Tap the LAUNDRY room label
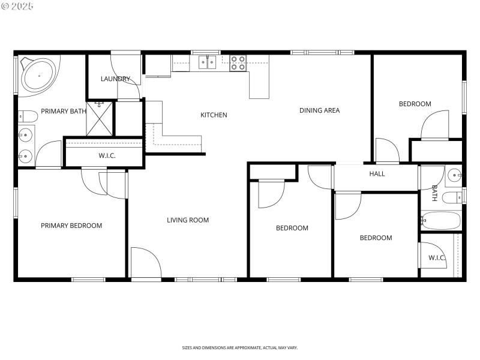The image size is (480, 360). click(115, 79)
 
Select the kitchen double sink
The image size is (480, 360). click(208, 62)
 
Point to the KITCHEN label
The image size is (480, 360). click(214, 115)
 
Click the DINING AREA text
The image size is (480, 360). click(320, 110)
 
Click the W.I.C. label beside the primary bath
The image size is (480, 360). click(107, 156)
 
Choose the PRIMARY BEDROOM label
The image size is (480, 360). click(71, 226)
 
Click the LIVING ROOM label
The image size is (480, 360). click(188, 220)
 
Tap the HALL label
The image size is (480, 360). click(377, 174)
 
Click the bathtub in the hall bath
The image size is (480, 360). click(440, 220)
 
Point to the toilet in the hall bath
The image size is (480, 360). click(452, 196)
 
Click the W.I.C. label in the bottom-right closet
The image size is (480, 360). click(437, 258)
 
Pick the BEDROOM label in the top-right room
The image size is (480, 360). click(415, 104)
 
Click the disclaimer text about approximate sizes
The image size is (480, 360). click(240, 347)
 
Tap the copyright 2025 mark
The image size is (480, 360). click(18, 6)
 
